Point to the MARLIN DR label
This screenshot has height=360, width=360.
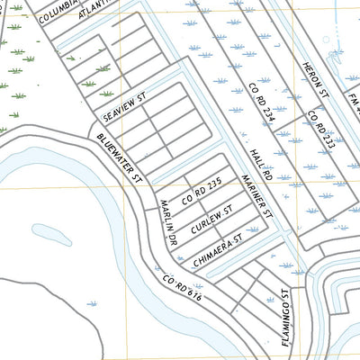point(166,223)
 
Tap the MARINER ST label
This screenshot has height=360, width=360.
point(255,195)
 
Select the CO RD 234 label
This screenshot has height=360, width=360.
point(260,102)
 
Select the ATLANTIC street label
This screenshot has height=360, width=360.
point(95,9)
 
